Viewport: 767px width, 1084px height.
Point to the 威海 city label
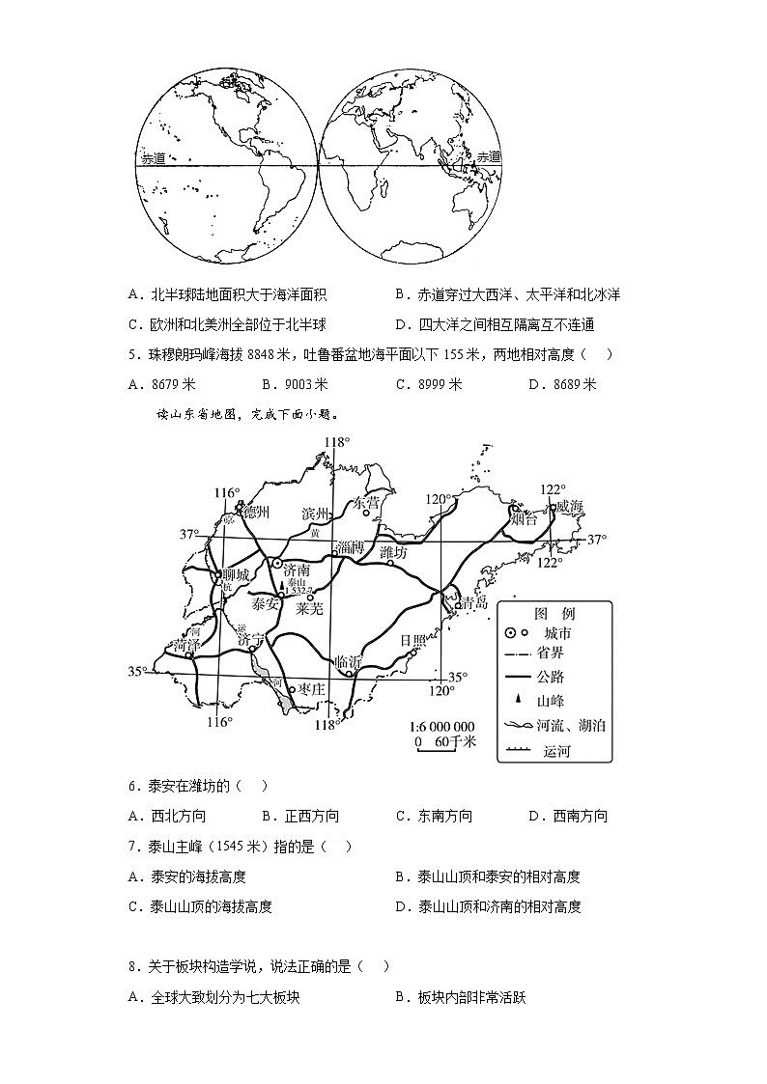click(564, 509)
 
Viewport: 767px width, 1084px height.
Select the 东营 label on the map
click(366, 502)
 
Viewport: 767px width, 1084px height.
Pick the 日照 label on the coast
click(412, 640)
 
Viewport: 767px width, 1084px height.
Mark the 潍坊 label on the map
click(394, 552)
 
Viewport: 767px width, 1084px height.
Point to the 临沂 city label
click(347, 662)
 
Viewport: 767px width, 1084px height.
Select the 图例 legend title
click(554, 614)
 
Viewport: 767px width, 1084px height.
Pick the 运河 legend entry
click(556, 750)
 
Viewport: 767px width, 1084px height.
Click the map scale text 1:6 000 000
click(442, 726)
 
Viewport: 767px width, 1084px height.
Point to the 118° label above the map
click(335, 442)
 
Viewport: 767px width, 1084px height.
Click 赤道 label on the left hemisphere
click(154, 159)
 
